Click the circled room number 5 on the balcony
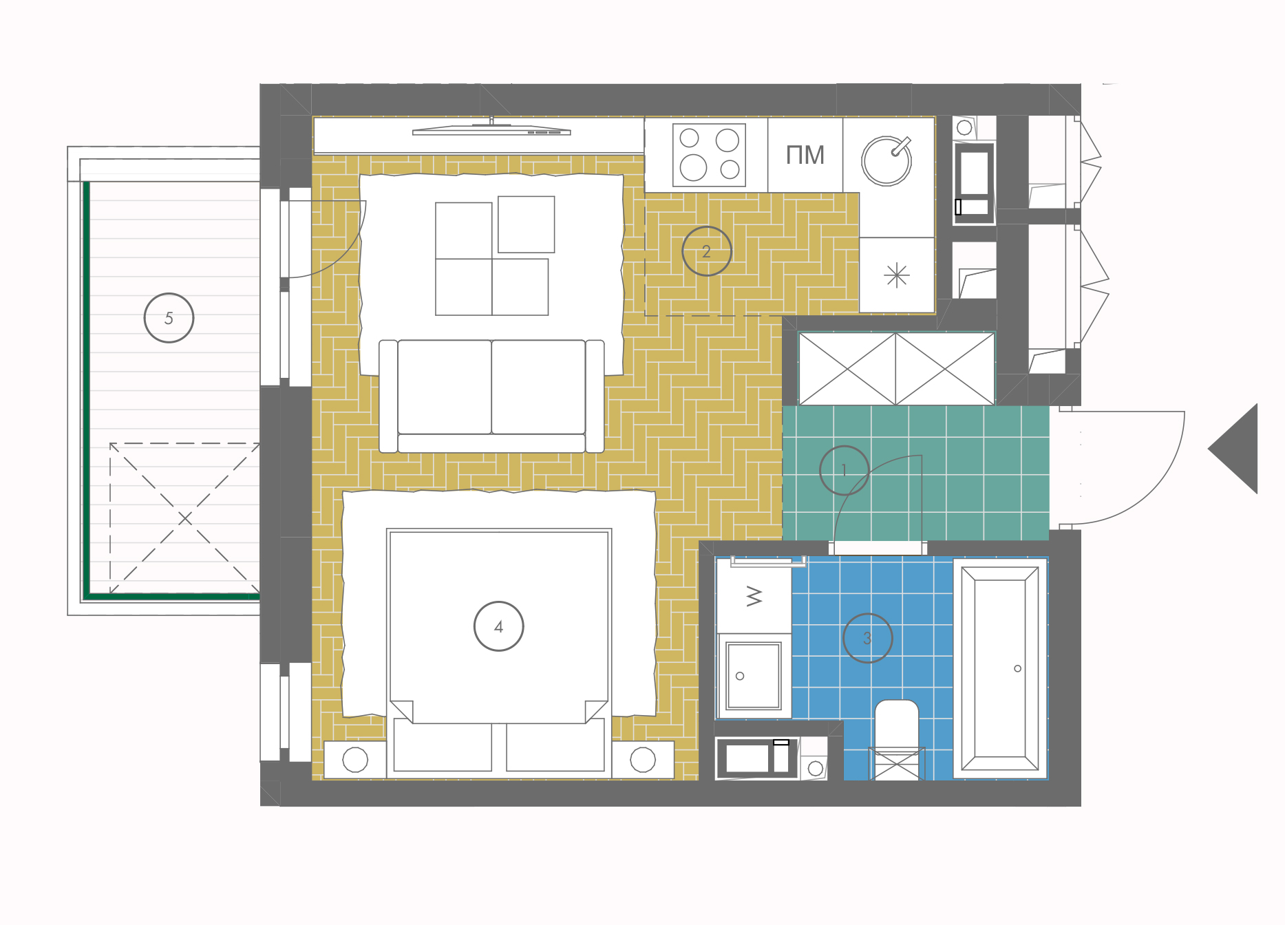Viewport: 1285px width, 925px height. coord(169,318)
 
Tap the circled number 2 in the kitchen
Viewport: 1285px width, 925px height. coord(706,251)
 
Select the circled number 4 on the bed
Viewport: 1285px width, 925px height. coord(498,626)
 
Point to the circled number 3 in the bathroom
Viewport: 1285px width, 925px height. coord(867,638)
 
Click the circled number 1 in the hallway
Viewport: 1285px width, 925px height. coord(844,470)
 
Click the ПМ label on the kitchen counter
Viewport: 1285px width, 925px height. coord(805,155)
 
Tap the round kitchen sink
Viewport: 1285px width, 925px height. coord(886,160)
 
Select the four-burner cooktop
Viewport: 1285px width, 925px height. coord(709,155)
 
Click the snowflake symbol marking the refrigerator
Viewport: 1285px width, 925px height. coord(897,276)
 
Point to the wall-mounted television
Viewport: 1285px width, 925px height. coord(491,129)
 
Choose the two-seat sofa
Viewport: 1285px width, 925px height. coord(491,396)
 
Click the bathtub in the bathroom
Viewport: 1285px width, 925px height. coord(1000,668)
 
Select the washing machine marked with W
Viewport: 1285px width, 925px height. coord(754,596)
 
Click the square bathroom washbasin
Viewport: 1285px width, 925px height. coord(754,675)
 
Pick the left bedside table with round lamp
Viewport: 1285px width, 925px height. coord(355,760)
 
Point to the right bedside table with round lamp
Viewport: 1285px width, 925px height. coord(643,760)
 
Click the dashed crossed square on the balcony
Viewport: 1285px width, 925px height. coord(184,518)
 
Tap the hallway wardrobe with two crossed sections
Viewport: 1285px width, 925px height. coord(896,369)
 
